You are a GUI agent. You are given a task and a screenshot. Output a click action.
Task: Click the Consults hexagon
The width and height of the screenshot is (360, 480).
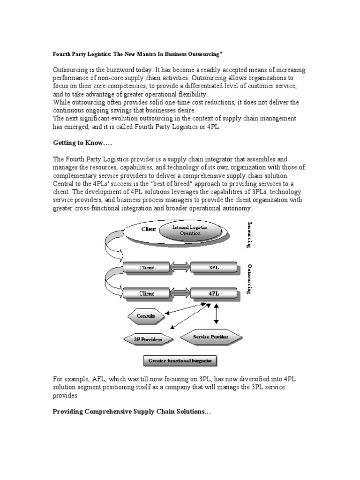point(146,316)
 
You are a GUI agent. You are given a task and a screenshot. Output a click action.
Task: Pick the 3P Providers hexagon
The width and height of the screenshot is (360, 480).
point(148,339)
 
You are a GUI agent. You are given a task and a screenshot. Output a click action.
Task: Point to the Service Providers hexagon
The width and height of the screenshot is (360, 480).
point(211,337)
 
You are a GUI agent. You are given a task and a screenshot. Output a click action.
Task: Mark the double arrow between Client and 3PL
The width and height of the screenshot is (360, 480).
point(180,268)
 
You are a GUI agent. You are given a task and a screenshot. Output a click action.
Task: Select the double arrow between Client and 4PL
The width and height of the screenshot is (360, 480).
point(180,293)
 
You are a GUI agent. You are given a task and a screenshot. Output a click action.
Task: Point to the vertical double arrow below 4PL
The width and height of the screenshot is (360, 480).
point(216,314)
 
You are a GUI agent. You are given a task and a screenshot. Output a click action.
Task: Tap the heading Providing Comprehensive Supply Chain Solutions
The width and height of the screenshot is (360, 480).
point(132,411)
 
